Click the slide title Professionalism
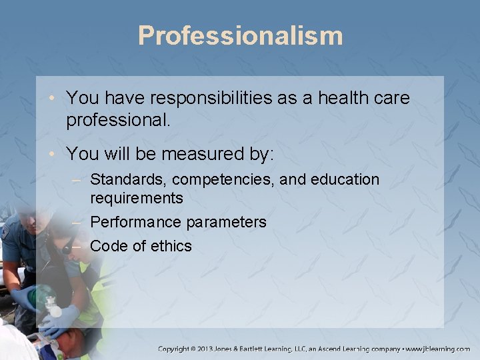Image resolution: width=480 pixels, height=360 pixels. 240,35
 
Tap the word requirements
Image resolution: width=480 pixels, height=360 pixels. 136,198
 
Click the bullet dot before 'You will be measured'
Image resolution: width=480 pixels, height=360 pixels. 55,155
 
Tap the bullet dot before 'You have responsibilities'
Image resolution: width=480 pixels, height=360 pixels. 55,99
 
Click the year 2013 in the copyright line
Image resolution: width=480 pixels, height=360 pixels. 219,349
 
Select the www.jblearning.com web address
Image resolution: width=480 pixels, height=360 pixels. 438,349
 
